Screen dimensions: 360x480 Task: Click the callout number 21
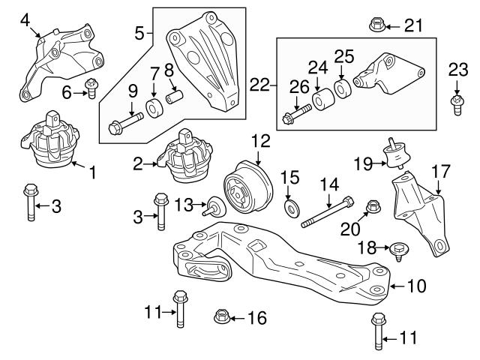tap(413, 26)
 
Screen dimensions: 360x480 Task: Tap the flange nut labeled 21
tap(377, 26)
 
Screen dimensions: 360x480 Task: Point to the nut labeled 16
tap(222, 318)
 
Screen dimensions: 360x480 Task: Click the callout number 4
tap(25, 21)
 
